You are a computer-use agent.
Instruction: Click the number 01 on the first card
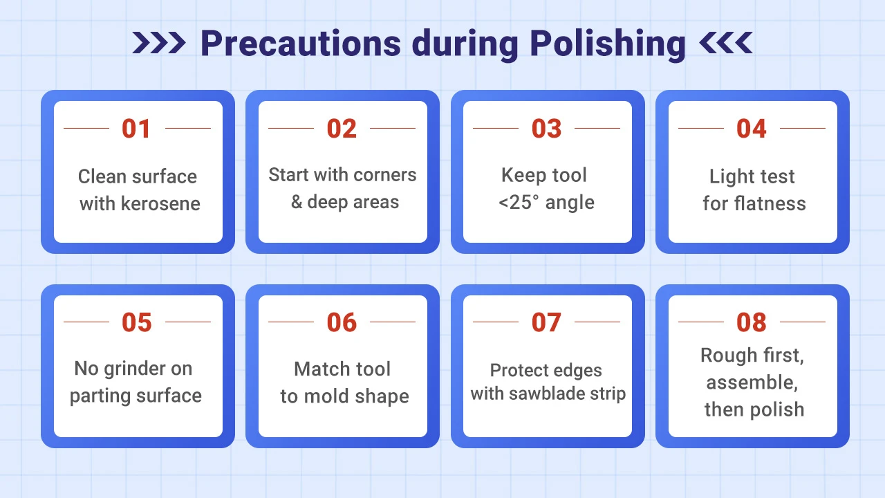pyautogui.click(x=136, y=129)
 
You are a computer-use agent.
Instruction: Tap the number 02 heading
pyautogui.click(x=342, y=129)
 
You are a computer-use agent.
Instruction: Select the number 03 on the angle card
pyautogui.click(x=546, y=129)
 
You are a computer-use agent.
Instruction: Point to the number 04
pyautogui.click(x=752, y=129)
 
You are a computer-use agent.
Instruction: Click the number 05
pyautogui.click(x=136, y=322)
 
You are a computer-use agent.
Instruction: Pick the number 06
pyautogui.click(x=342, y=322)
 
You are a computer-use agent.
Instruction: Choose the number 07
pyautogui.click(x=546, y=322)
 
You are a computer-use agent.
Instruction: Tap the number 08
pyautogui.click(x=752, y=322)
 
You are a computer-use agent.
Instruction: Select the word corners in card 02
pyautogui.click(x=384, y=175)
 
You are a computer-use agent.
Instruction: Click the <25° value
pyautogui.click(x=521, y=203)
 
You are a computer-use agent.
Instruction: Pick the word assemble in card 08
pyautogui.click(x=752, y=382)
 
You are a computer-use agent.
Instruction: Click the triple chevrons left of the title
pyautogui.click(x=159, y=43)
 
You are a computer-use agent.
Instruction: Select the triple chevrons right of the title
pyautogui.click(x=725, y=43)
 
